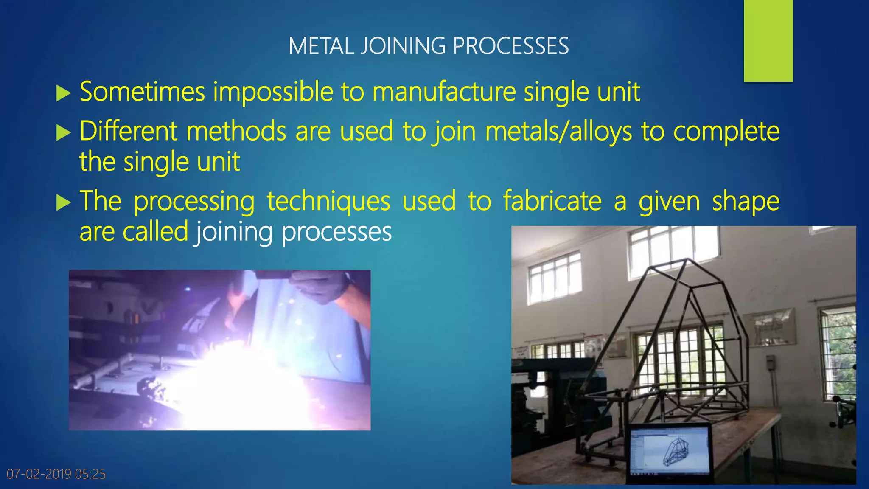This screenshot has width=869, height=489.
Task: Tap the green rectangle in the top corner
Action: click(x=768, y=40)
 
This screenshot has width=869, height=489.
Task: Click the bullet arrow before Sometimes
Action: click(x=63, y=93)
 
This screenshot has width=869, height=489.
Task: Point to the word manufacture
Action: click(x=444, y=92)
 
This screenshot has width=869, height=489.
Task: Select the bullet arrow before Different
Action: click(x=63, y=133)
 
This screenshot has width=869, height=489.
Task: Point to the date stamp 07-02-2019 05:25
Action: click(x=56, y=474)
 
